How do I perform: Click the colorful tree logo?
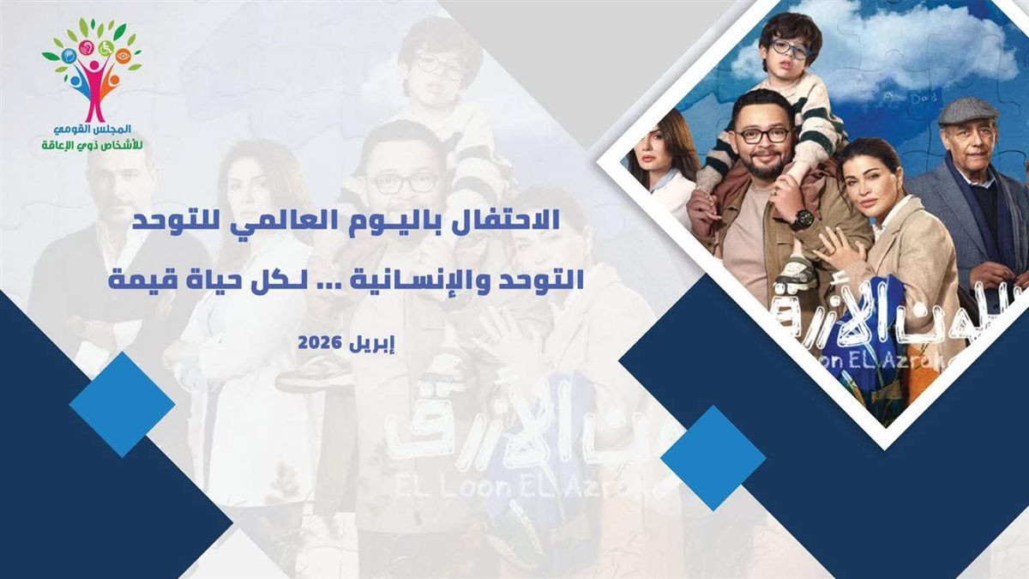tap(93, 69)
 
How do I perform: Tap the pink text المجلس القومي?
tap(93, 129)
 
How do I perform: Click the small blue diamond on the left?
tap(122, 404)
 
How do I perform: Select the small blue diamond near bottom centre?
tap(713, 458)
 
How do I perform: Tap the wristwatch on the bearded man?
tap(803, 219)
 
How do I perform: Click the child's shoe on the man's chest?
tap(797, 273)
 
